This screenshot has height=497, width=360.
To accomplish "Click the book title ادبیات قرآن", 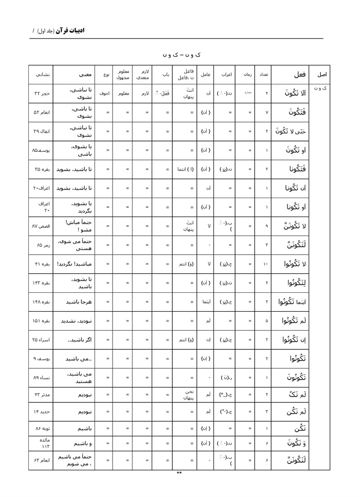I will click(x=70, y=30).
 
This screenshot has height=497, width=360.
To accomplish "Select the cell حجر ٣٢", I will click(x=41, y=94).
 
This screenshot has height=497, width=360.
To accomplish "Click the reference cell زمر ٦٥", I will click(x=41, y=245).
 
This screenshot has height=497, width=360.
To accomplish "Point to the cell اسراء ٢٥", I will click(x=41, y=340).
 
